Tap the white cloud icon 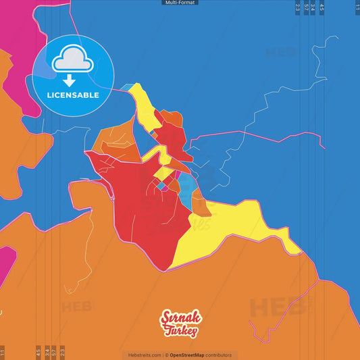point(73,61)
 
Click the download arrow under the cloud point(73,80)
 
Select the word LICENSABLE point(73,95)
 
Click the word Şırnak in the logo point(178,317)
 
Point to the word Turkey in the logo point(181,331)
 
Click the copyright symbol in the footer point(166,355)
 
